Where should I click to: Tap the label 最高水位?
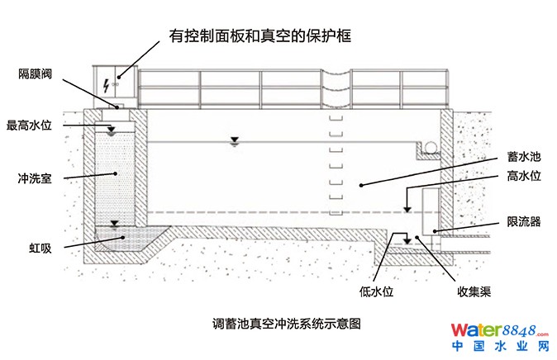(30, 126)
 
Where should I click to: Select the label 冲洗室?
(35, 178)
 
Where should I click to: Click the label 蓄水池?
(523, 155)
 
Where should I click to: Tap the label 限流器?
(523, 222)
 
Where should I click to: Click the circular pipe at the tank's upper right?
(431, 148)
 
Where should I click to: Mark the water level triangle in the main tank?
(234, 144)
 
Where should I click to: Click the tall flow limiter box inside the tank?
(431, 212)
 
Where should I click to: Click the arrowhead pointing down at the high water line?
(407, 209)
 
